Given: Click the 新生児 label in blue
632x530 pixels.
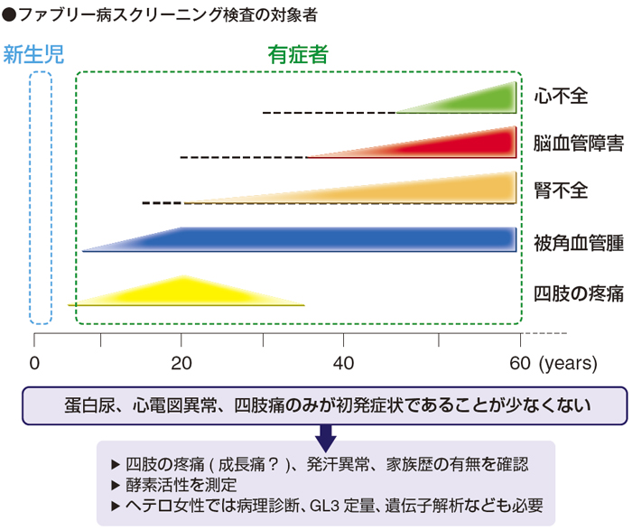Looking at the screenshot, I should (x=33, y=54).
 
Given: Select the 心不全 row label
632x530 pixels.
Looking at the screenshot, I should (x=561, y=94).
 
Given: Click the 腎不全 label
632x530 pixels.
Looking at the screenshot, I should (x=561, y=190).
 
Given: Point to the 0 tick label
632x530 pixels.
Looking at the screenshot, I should (x=34, y=364).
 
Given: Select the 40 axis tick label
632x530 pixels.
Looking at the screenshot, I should (x=342, y=364).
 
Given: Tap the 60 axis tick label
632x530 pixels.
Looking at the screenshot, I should (x=518, y=364).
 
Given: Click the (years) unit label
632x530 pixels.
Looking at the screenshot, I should (x=567, y=364).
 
